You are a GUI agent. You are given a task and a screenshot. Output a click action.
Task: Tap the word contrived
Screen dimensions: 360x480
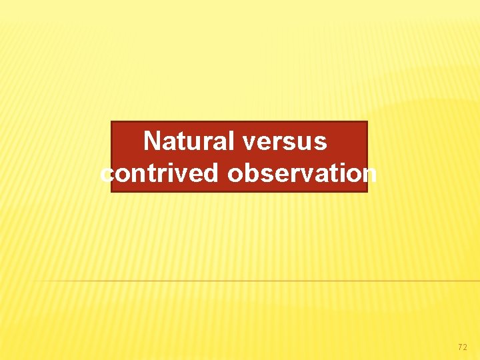pyautogui.click(x=160, y=173)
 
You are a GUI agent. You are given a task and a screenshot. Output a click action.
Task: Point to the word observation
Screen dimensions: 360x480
pyautogui.click(x=302, y=173)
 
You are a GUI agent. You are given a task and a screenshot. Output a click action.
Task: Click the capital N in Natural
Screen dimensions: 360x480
pyautogui.click(x=153, y=141)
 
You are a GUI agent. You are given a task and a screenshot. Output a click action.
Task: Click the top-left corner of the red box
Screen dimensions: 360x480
pyautogui.click(x=111, y=121)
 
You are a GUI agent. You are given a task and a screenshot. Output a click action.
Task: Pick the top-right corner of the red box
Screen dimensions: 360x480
pyautogui.click(x=367, y=121)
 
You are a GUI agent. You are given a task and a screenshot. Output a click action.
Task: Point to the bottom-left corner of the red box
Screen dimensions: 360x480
pyautogui.click(x=111, y=191)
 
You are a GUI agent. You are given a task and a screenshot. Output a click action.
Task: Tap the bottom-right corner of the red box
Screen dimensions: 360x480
pyautogui.click(x=367, y=191)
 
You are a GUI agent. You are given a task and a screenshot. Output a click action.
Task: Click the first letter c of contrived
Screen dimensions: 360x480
pyautogui.click(x=107, y=174)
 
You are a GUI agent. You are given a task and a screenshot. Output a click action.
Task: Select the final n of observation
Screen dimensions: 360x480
pyautogui.click(x=369, y=174)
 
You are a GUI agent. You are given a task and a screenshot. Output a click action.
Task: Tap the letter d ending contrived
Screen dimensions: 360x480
pyautogui.click(x=213, y=173)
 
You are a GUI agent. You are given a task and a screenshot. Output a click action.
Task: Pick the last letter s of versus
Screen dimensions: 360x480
pyautogui.click(x=321, y=142)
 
